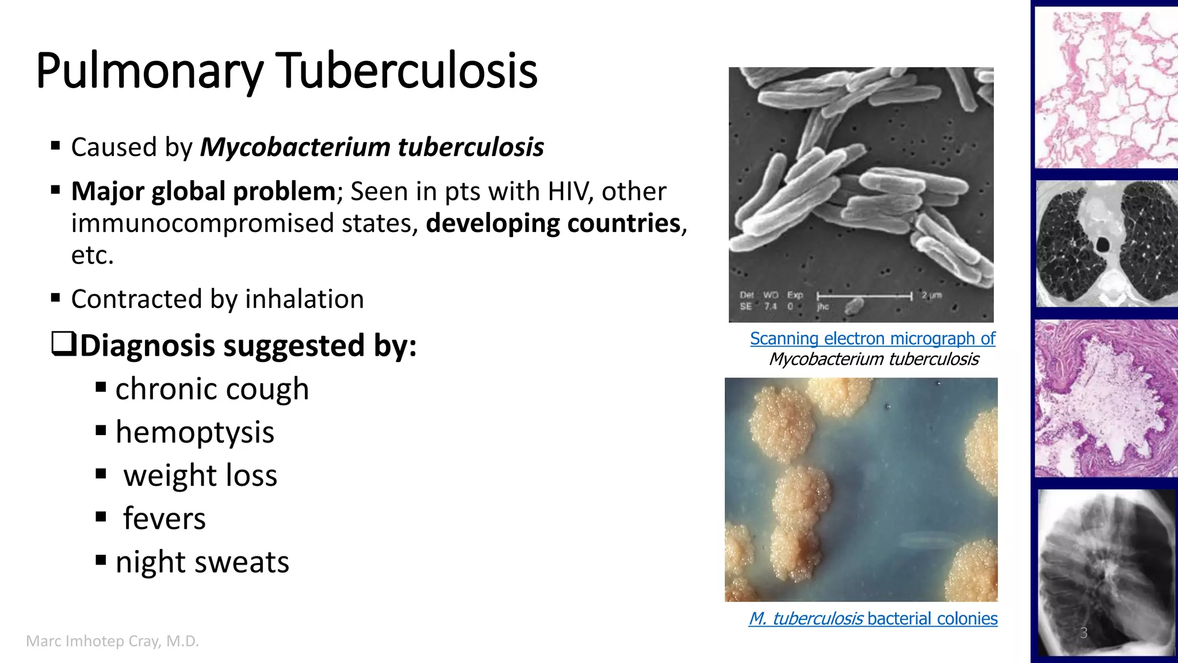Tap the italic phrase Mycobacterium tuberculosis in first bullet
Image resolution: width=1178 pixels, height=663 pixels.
coord(372,147)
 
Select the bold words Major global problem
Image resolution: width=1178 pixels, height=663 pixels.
coord(203,192)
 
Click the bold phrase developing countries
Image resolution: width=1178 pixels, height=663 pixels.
coord(553,223)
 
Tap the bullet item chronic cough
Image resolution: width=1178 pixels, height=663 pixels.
coord(212,390)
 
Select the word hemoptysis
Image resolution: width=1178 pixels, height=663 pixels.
coord(194,433)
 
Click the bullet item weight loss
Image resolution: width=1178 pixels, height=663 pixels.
coord(200,476)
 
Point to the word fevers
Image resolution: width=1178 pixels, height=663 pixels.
coord(165,519)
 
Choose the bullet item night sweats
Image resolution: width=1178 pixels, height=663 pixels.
coord(202,562)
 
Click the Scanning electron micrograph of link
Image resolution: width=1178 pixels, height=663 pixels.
coord(872,338)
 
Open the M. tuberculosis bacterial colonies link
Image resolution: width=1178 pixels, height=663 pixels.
coord(873,619)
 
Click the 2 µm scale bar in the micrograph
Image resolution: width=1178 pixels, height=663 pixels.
coord(865,296)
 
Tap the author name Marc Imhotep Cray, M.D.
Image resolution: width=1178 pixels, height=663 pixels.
coord(112,641)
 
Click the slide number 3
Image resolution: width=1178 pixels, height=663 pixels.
coord(1083,633)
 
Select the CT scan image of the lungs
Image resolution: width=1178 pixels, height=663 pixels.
coord(1106,243)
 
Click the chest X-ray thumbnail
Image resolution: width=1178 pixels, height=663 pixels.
coord(1106,573)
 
